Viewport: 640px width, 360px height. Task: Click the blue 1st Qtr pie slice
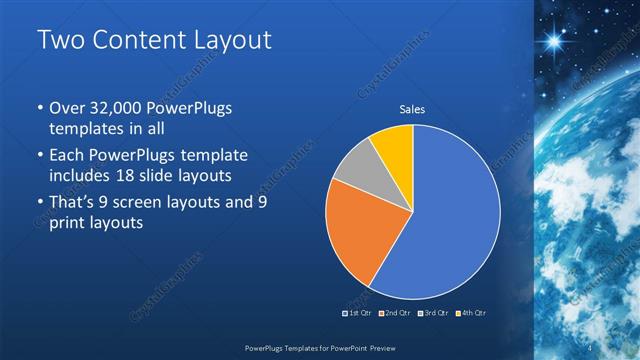pyautogui.click(x=450, y=210)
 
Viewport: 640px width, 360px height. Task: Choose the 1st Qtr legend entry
pyautogui.click(x=358, y=313)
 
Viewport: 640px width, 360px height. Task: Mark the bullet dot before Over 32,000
pyautogui.click(x=39, y=109)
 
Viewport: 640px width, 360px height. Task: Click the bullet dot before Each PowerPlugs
pyautogui.click(x=39, y=157)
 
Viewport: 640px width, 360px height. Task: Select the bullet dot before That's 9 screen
pyautogui.click(x=39, y=204)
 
